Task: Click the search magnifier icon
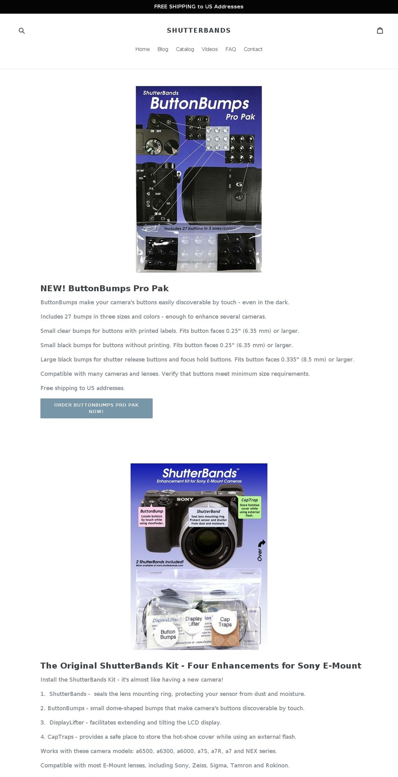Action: coord(22,31)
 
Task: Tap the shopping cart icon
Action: coord(380,30)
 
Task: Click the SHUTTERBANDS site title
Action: coord(199,30)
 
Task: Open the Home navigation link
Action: coord(142,49)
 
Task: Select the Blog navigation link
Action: coord(163,49)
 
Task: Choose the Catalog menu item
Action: coord(185,49)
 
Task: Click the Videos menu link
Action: coord(209,49)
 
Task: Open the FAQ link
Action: coord(231,49)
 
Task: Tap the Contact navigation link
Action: coord(253,49)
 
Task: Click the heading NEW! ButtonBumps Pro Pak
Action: coord(104,288)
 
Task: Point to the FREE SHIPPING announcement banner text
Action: coord(199,7)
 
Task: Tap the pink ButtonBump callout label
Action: coord(152,517)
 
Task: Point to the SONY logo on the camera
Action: coord(185,499)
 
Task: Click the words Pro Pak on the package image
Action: coord(240,117)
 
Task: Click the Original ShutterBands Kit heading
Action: coord(201,666)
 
